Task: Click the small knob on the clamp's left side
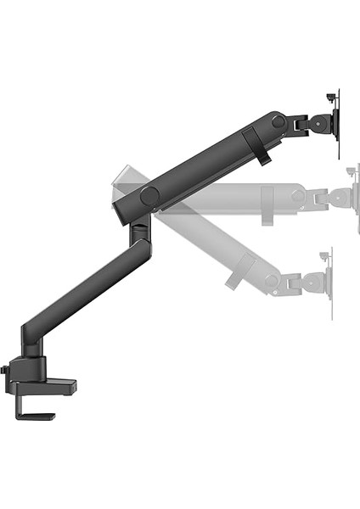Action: tap(5, 370)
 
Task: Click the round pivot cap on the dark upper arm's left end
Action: tap(149, 195)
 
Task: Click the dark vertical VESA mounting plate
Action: tap(338, 123)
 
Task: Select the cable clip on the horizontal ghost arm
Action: tap(268, 202)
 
